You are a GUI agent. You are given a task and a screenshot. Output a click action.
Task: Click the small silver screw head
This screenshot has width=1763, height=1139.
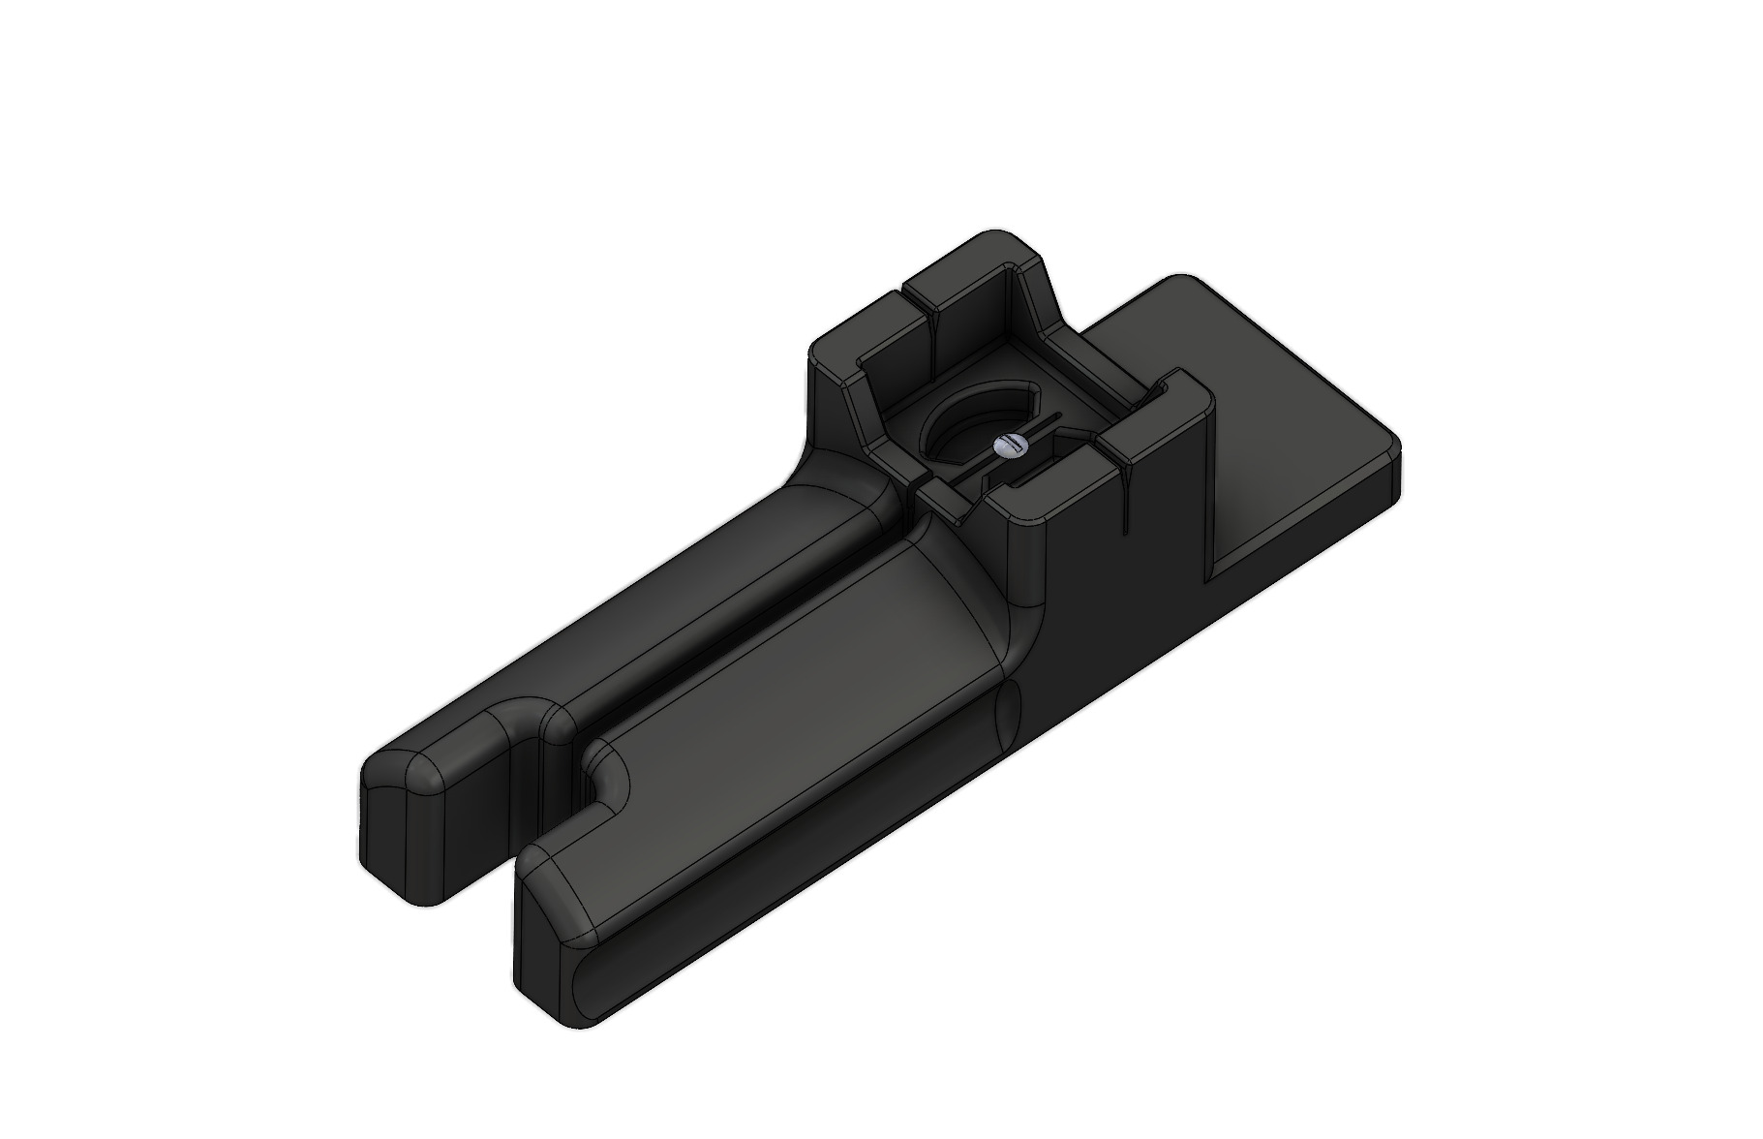pos(1007,446)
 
